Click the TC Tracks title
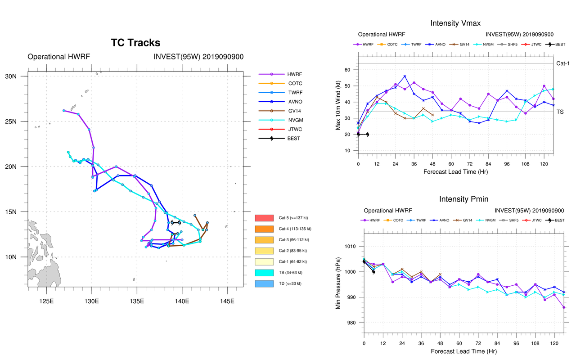click(135, 43)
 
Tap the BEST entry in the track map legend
click(293, 139)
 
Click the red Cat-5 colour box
click(264, 218)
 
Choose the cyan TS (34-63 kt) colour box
click(264, 273)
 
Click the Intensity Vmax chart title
click(455, 23)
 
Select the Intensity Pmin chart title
click(463, 199)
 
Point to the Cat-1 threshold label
click(563, 63)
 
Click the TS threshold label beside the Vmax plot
click(560, 112)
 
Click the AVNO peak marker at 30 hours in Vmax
click(405, 76)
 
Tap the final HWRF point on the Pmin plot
click(563, 307)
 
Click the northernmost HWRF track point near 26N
click(64, 110)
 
